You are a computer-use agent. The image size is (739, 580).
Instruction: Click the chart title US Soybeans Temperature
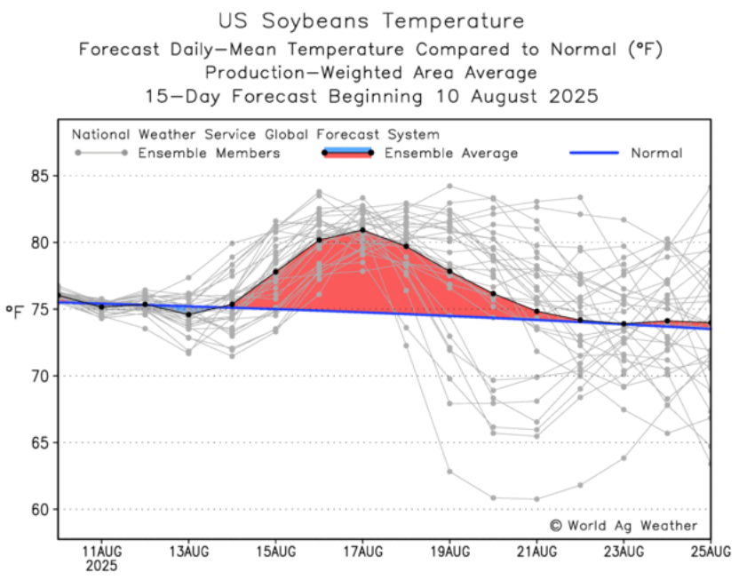point(370,20)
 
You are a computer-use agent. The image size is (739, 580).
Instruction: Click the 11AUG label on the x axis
point(101,552)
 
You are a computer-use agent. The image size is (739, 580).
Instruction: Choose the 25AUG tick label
point(711,552)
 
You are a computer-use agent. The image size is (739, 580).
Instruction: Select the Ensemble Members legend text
point(210,154)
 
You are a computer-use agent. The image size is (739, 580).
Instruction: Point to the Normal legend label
point(656,154)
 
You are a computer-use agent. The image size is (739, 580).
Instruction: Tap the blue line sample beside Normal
point(592,154)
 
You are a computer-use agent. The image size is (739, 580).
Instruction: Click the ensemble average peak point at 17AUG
point(362,230)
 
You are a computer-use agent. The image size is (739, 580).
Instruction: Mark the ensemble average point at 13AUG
point(188,314)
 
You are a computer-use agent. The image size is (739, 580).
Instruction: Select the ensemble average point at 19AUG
point(449,271)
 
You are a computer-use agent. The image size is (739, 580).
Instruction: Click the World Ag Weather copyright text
point(624,526)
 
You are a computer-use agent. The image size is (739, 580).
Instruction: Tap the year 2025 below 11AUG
point(101,566)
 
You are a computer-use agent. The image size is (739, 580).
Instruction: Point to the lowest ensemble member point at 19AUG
point(449,472)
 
